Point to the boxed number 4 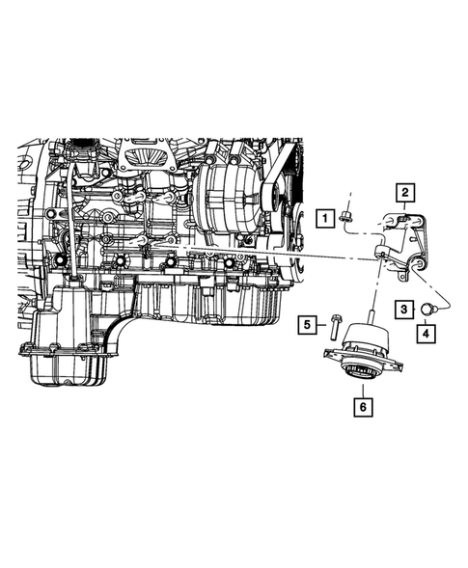(425, 335)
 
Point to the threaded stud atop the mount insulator (369, 318)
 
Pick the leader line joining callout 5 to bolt (321, 325)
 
